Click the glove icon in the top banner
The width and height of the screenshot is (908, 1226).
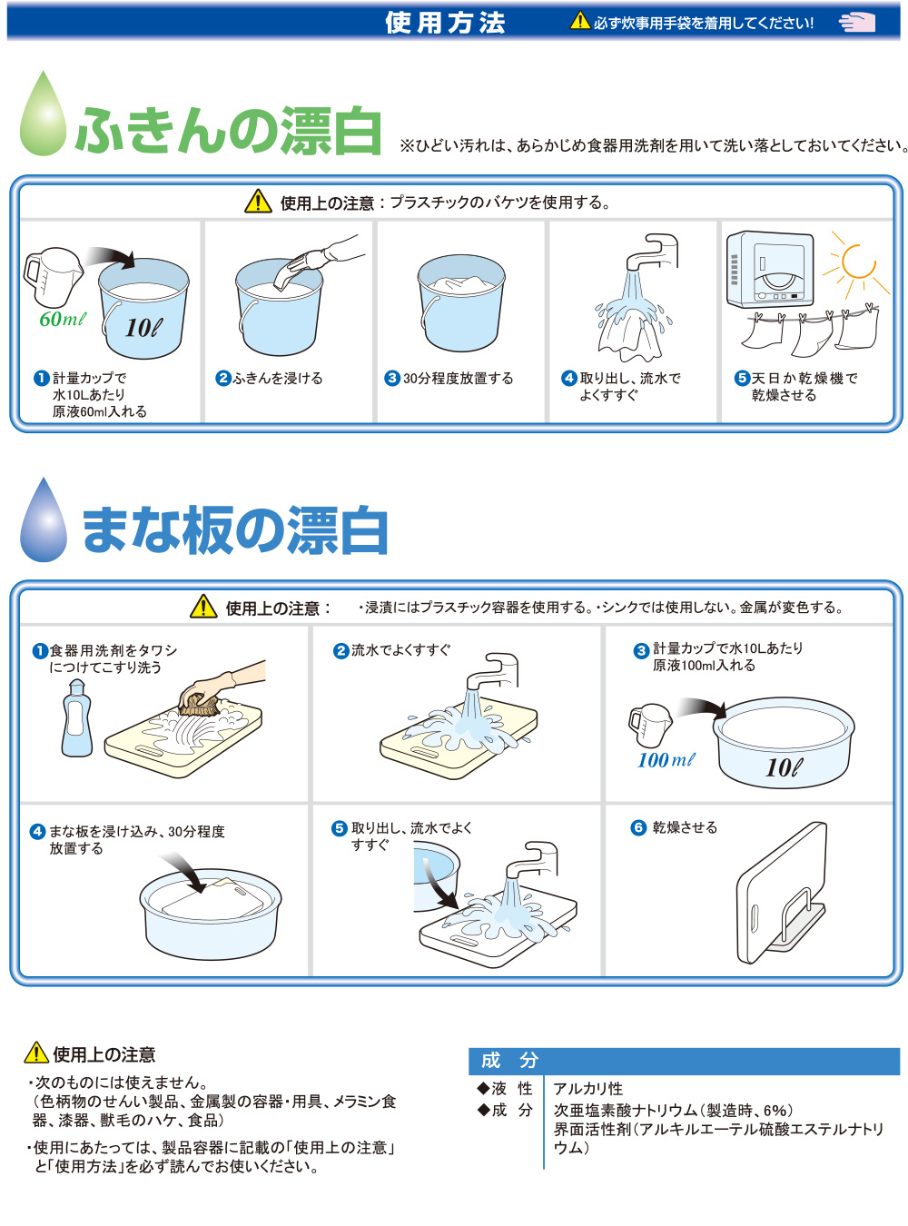856,22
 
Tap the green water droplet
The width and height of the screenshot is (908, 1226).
43,114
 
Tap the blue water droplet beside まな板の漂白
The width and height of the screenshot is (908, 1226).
44,519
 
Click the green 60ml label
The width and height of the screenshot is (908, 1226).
63,319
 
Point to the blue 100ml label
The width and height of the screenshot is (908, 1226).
666,761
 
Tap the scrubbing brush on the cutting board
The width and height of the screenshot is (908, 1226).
200,704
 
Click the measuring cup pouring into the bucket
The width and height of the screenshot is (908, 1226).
53,276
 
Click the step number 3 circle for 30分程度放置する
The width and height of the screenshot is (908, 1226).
392,378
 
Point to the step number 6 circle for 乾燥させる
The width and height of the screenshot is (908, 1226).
638,827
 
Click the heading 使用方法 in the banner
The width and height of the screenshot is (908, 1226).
445,23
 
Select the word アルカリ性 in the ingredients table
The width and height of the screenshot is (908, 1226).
587,1088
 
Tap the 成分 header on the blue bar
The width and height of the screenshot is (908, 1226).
509,1060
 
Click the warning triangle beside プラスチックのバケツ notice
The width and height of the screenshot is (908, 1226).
258,202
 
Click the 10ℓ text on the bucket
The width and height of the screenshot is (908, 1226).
143,328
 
